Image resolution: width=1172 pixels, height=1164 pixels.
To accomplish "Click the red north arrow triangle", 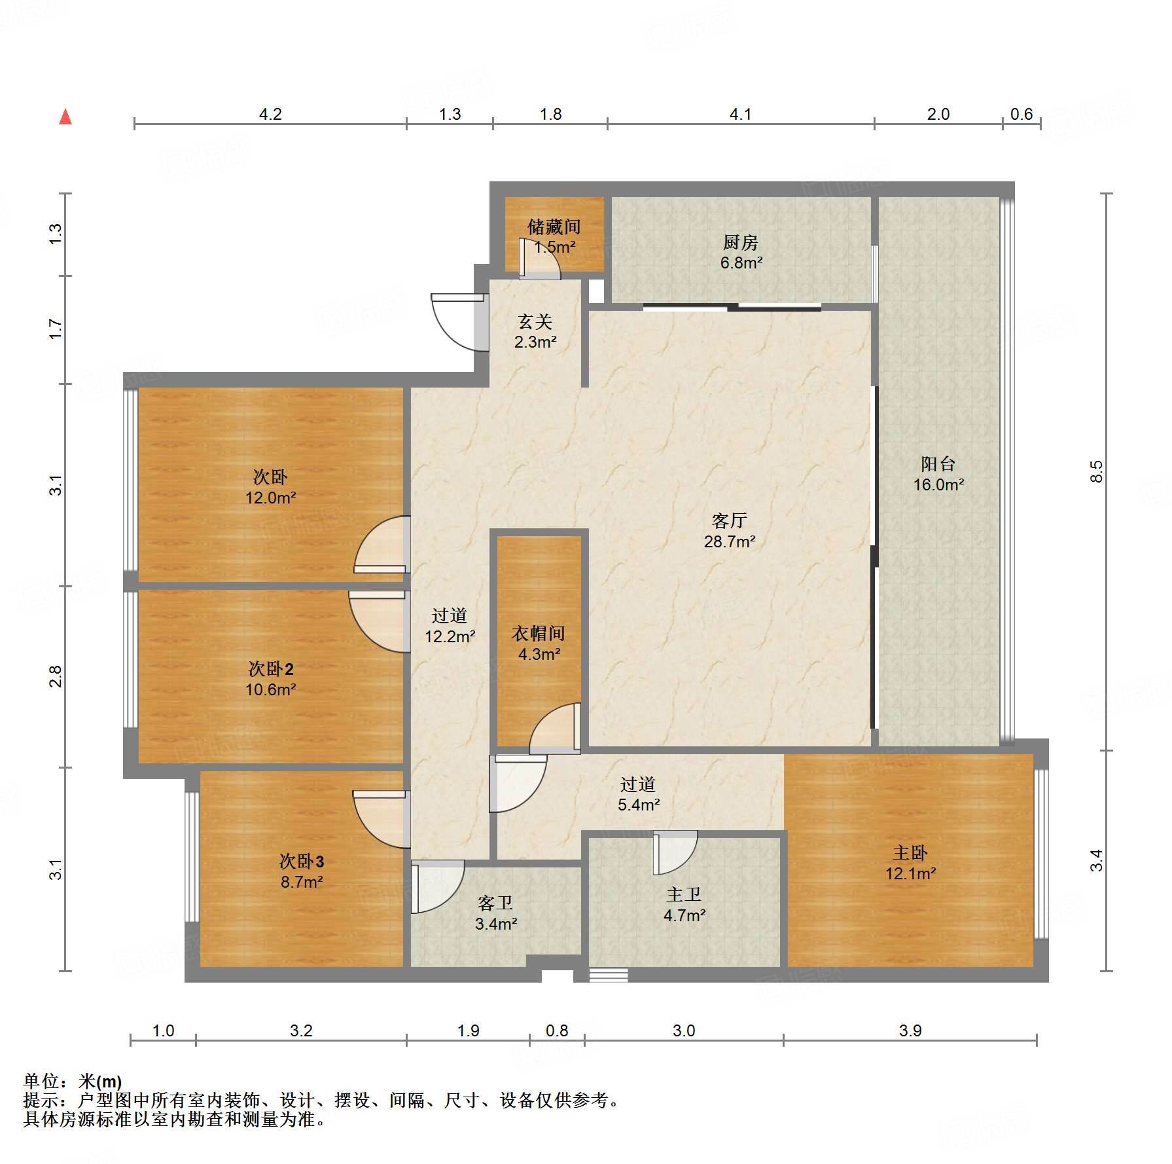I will pyautogui.click(x=65, y=117).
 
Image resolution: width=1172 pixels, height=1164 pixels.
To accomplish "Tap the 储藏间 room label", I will pyautogui.click(x=554, y=227).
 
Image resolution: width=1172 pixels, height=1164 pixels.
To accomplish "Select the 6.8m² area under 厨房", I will pyautogui.click(x=741, y=263).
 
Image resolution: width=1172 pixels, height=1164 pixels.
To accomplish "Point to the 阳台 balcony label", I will pyautogui.click(x=938, y=464).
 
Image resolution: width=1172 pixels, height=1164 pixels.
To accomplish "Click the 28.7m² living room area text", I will pyautogui.click(x=729, y=542).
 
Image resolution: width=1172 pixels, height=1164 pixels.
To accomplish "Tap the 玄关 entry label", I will pyautogui.click(x=535, y=321).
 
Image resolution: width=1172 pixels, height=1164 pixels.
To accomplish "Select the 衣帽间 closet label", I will pyautogui.click(x=538, y=633).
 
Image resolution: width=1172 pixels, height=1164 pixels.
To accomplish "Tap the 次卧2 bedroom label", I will pyautogui.click(x=270, y=669).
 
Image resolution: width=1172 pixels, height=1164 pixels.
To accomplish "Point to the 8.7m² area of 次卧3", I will pyautogui.click(x=302, y=882).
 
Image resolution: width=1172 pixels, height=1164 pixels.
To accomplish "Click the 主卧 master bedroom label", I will pyautogui.click(x=910, y=853).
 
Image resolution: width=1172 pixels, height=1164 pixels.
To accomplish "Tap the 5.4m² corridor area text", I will pyautogui.click(x=638, y=805).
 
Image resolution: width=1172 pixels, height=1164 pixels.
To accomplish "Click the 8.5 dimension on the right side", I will pyautogui.click(x=1096, y=471).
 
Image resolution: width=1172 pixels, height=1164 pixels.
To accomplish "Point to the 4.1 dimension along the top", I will pyautogui.click(x=740, y=115).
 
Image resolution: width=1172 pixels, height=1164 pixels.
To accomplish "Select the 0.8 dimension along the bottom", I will pyautogui.click(x=557, y=1030).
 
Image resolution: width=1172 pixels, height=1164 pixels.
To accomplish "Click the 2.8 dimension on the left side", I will pyautogui.click(x=56, y=676).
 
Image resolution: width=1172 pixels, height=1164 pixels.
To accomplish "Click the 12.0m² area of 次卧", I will pyautogui.click(x=270, y=498).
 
